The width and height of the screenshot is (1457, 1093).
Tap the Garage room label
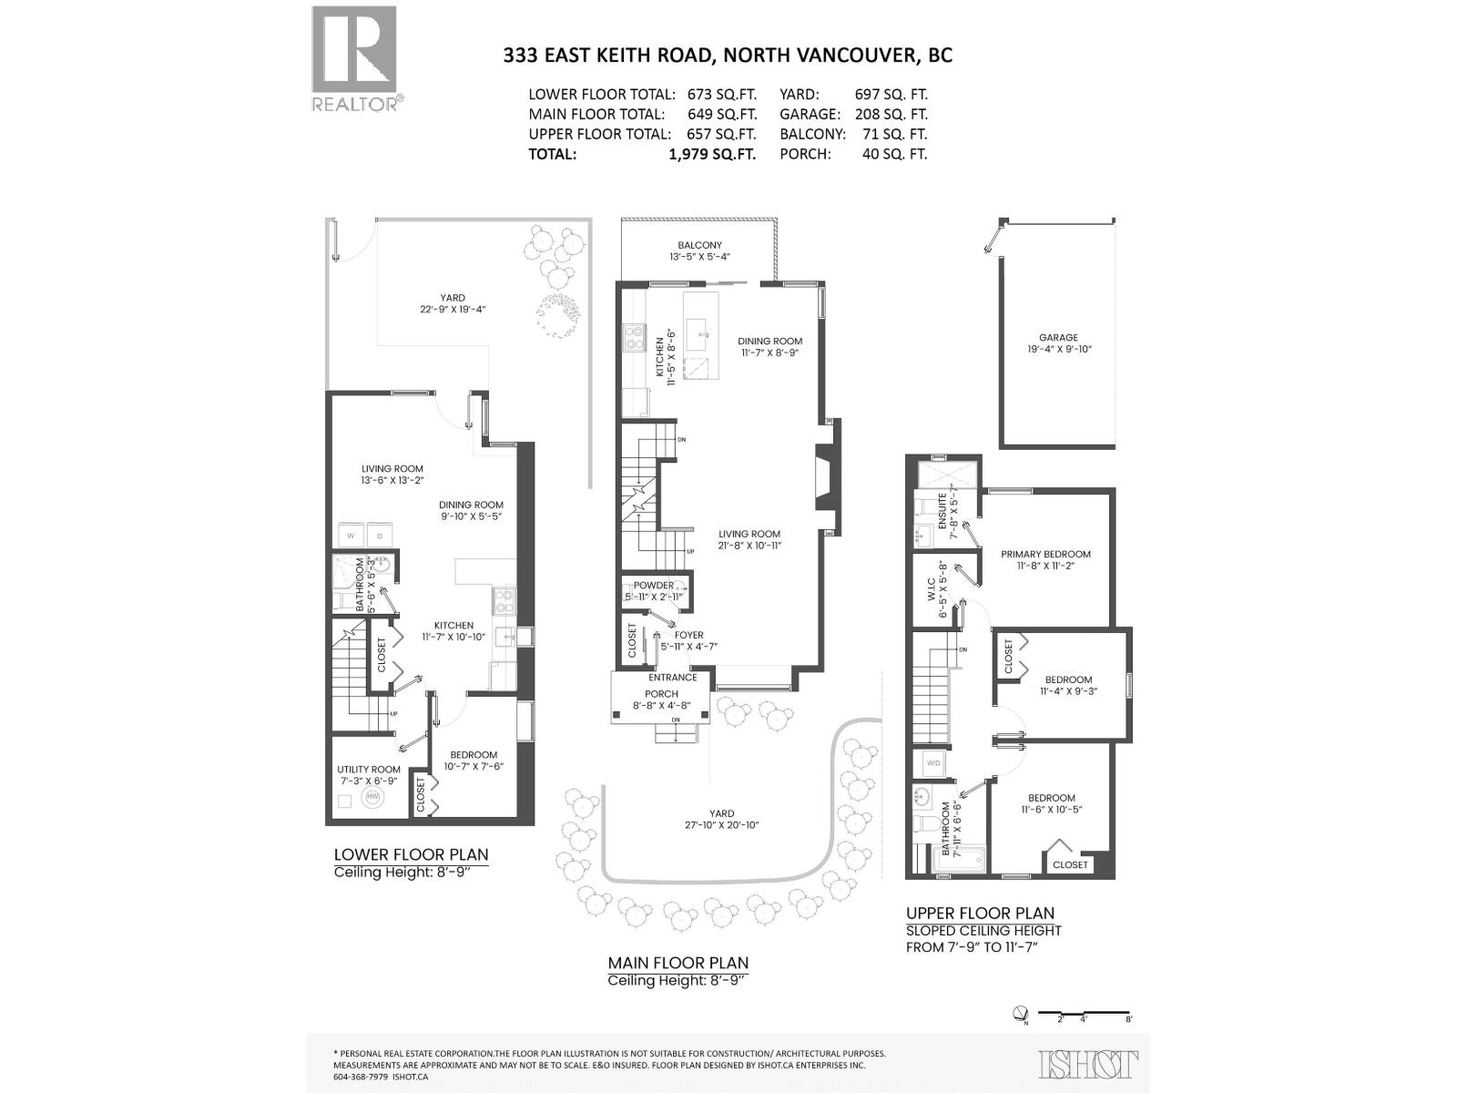tap(1057, 338)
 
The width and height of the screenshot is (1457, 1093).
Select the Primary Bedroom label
tap(1045, 554)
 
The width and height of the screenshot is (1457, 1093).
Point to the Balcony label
tap(699, 245)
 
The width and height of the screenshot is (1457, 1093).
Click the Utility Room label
tap(368, 770)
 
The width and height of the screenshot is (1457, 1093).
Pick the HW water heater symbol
tap(372, 797)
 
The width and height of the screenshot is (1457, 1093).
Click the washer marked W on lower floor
tap(351, 536)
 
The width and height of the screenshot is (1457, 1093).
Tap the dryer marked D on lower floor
tap(380, 536)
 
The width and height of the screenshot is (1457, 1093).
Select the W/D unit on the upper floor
tap(932, 762)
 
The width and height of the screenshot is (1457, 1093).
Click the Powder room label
tap(654, 586)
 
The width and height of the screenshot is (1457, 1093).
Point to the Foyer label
tap(688, 636)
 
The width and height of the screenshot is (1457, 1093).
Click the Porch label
tap(661, 694)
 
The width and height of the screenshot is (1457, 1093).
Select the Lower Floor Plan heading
tap(411, 854)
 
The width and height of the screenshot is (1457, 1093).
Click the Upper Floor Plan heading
tap(980, 913)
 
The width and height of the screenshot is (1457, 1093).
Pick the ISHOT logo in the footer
tap(1088, 1064)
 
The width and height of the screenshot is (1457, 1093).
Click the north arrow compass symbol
tap(1021, 1013)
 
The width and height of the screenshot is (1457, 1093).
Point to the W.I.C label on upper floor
tap(932, 600)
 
